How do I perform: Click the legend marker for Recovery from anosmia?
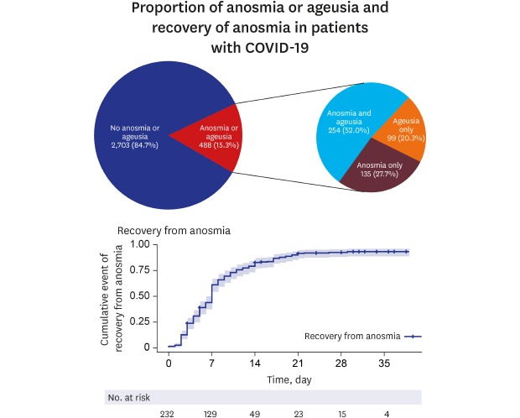coord(412,336)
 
